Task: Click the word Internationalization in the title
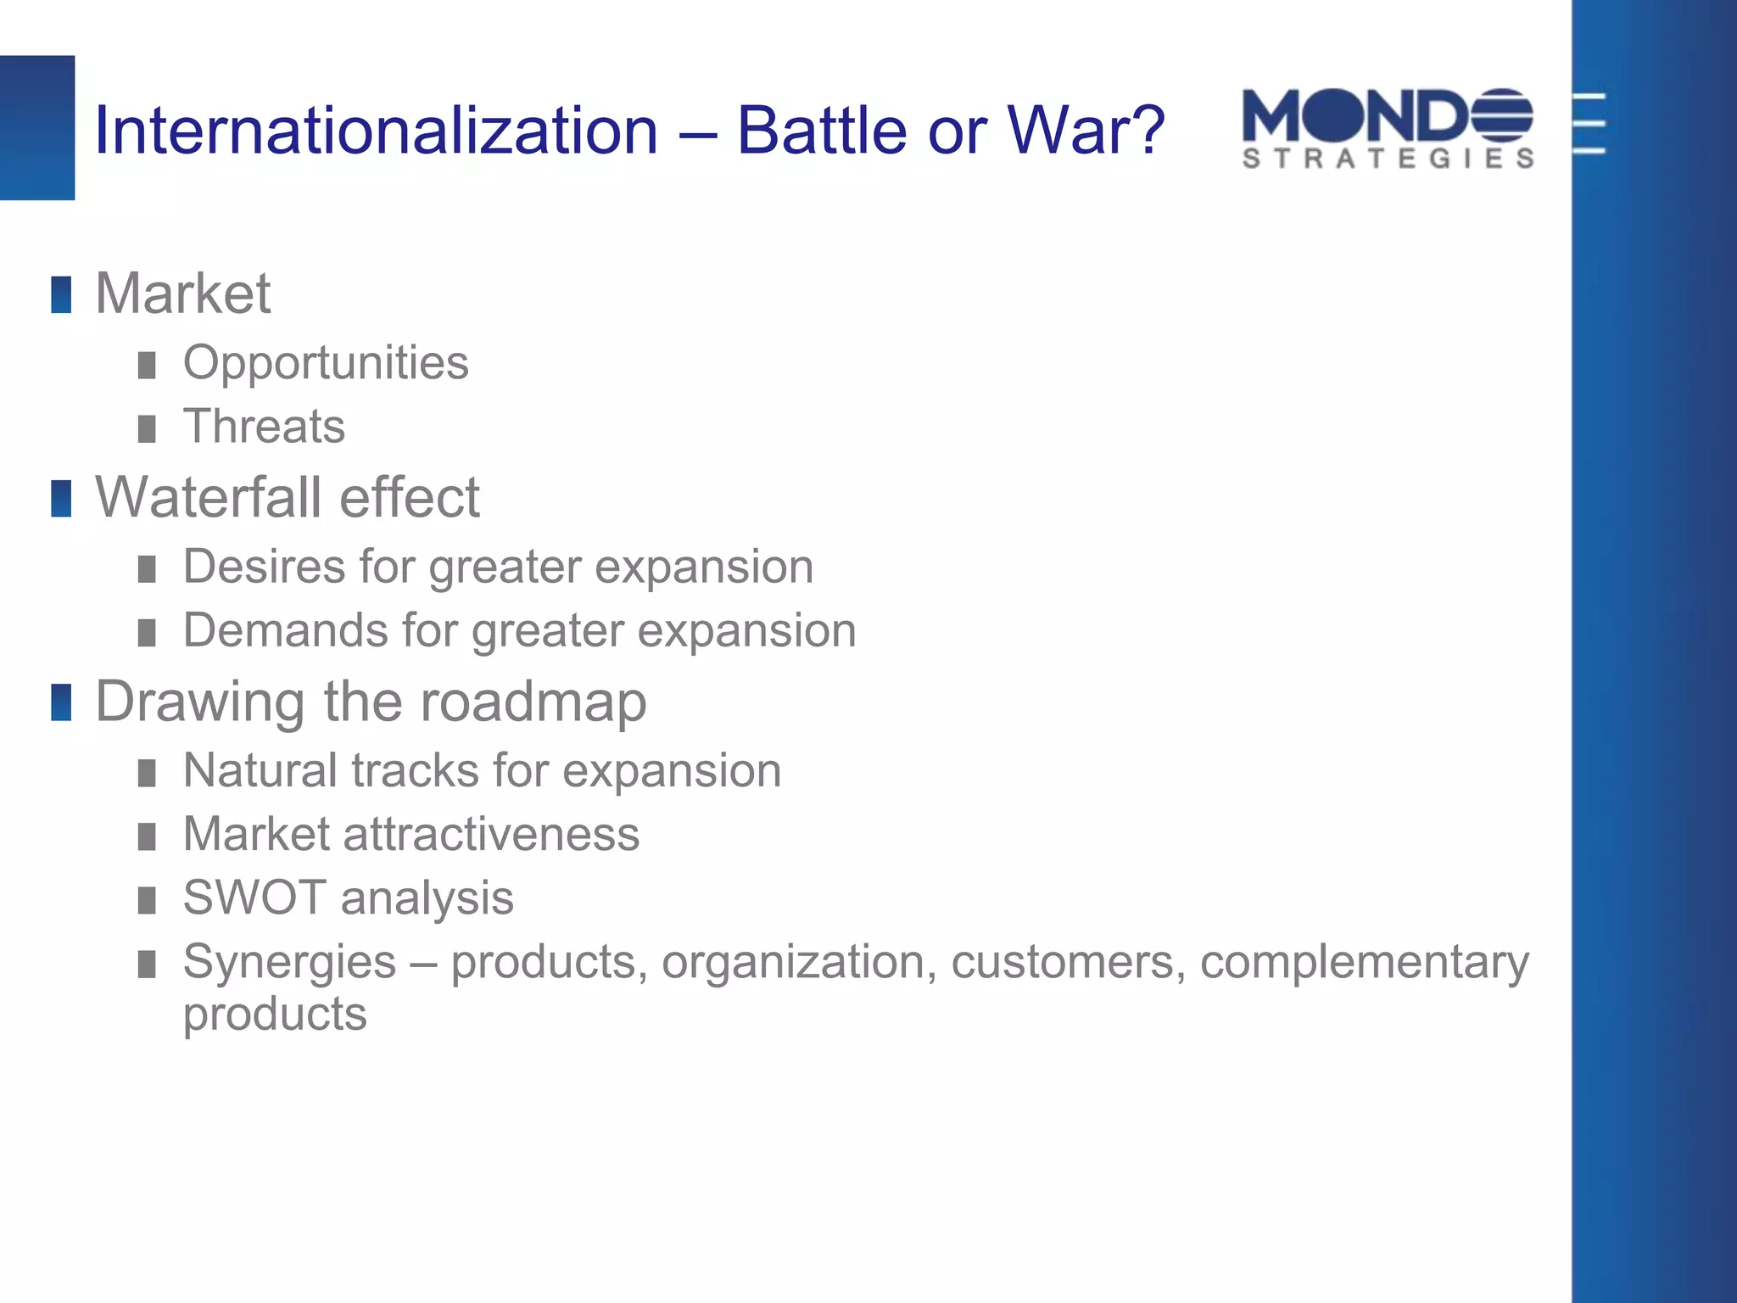click(376, 131)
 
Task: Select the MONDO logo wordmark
click(1357, 116)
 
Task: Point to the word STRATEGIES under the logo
click(1388, 159)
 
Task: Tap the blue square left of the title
click(36, 127)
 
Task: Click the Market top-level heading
click(182, 294)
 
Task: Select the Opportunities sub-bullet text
click(326, 364)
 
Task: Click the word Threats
click(264, 427)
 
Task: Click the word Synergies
click(289, 963)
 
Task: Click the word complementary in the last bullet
click(1364, 963)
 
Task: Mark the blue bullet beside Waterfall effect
click(61, 499)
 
